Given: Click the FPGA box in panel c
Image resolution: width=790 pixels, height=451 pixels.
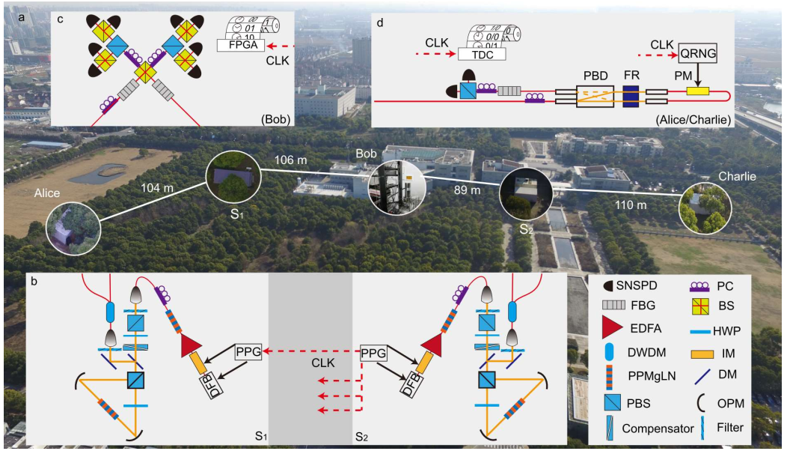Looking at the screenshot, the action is point(241,45).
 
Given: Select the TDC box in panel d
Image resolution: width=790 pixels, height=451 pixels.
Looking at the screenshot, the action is point(483,55).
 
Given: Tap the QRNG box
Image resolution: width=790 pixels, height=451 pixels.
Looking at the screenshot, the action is point(698,53).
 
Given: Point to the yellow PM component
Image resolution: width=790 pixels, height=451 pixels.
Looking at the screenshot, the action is point(698,91).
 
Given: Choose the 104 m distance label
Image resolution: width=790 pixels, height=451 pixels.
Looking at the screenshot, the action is point(157,188).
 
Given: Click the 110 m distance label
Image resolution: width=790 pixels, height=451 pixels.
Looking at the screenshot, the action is point(631,205).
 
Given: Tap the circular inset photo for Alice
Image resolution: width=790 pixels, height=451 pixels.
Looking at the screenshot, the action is point(73,228).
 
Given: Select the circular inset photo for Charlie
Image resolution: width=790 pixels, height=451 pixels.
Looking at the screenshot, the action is point(705,208).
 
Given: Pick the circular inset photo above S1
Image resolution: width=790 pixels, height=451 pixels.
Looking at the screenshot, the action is point(233,176).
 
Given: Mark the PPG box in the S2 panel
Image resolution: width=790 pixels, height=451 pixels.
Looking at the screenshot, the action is point(373,353).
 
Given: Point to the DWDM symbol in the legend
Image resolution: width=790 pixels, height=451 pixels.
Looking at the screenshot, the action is point(608,353).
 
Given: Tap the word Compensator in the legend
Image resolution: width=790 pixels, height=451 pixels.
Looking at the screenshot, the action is point(658,429).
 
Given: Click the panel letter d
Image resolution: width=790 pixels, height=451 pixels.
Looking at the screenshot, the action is point(379,22).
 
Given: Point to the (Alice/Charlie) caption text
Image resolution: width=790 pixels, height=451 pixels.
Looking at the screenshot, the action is point(693,120).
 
